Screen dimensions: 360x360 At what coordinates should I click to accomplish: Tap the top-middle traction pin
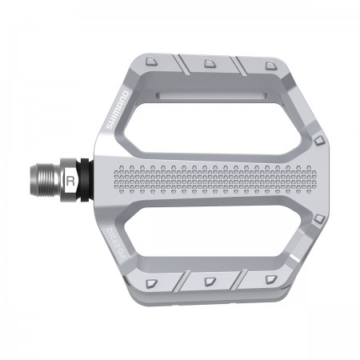click(x=210, y=63)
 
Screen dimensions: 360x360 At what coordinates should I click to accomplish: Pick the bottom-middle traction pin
click(x=210, y=280)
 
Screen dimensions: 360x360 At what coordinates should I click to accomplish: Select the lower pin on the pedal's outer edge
click(x=319, y=218)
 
